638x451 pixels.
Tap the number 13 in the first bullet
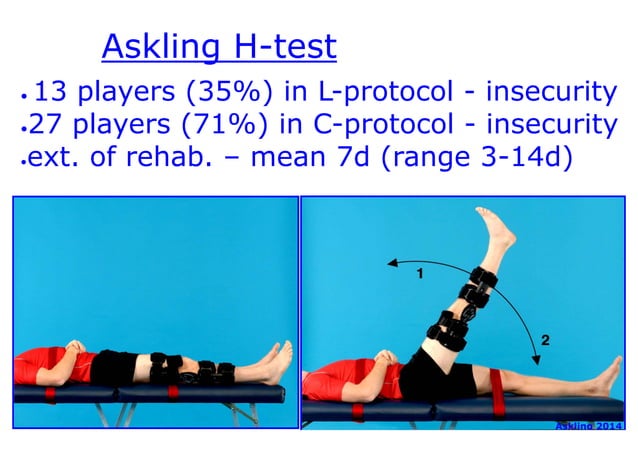[50, 93]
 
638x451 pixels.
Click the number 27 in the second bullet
[46, 125]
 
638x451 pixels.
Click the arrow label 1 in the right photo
[421, 271]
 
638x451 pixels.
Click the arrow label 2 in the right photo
[544, 341]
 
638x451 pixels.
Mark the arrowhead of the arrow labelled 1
[392, 263]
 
